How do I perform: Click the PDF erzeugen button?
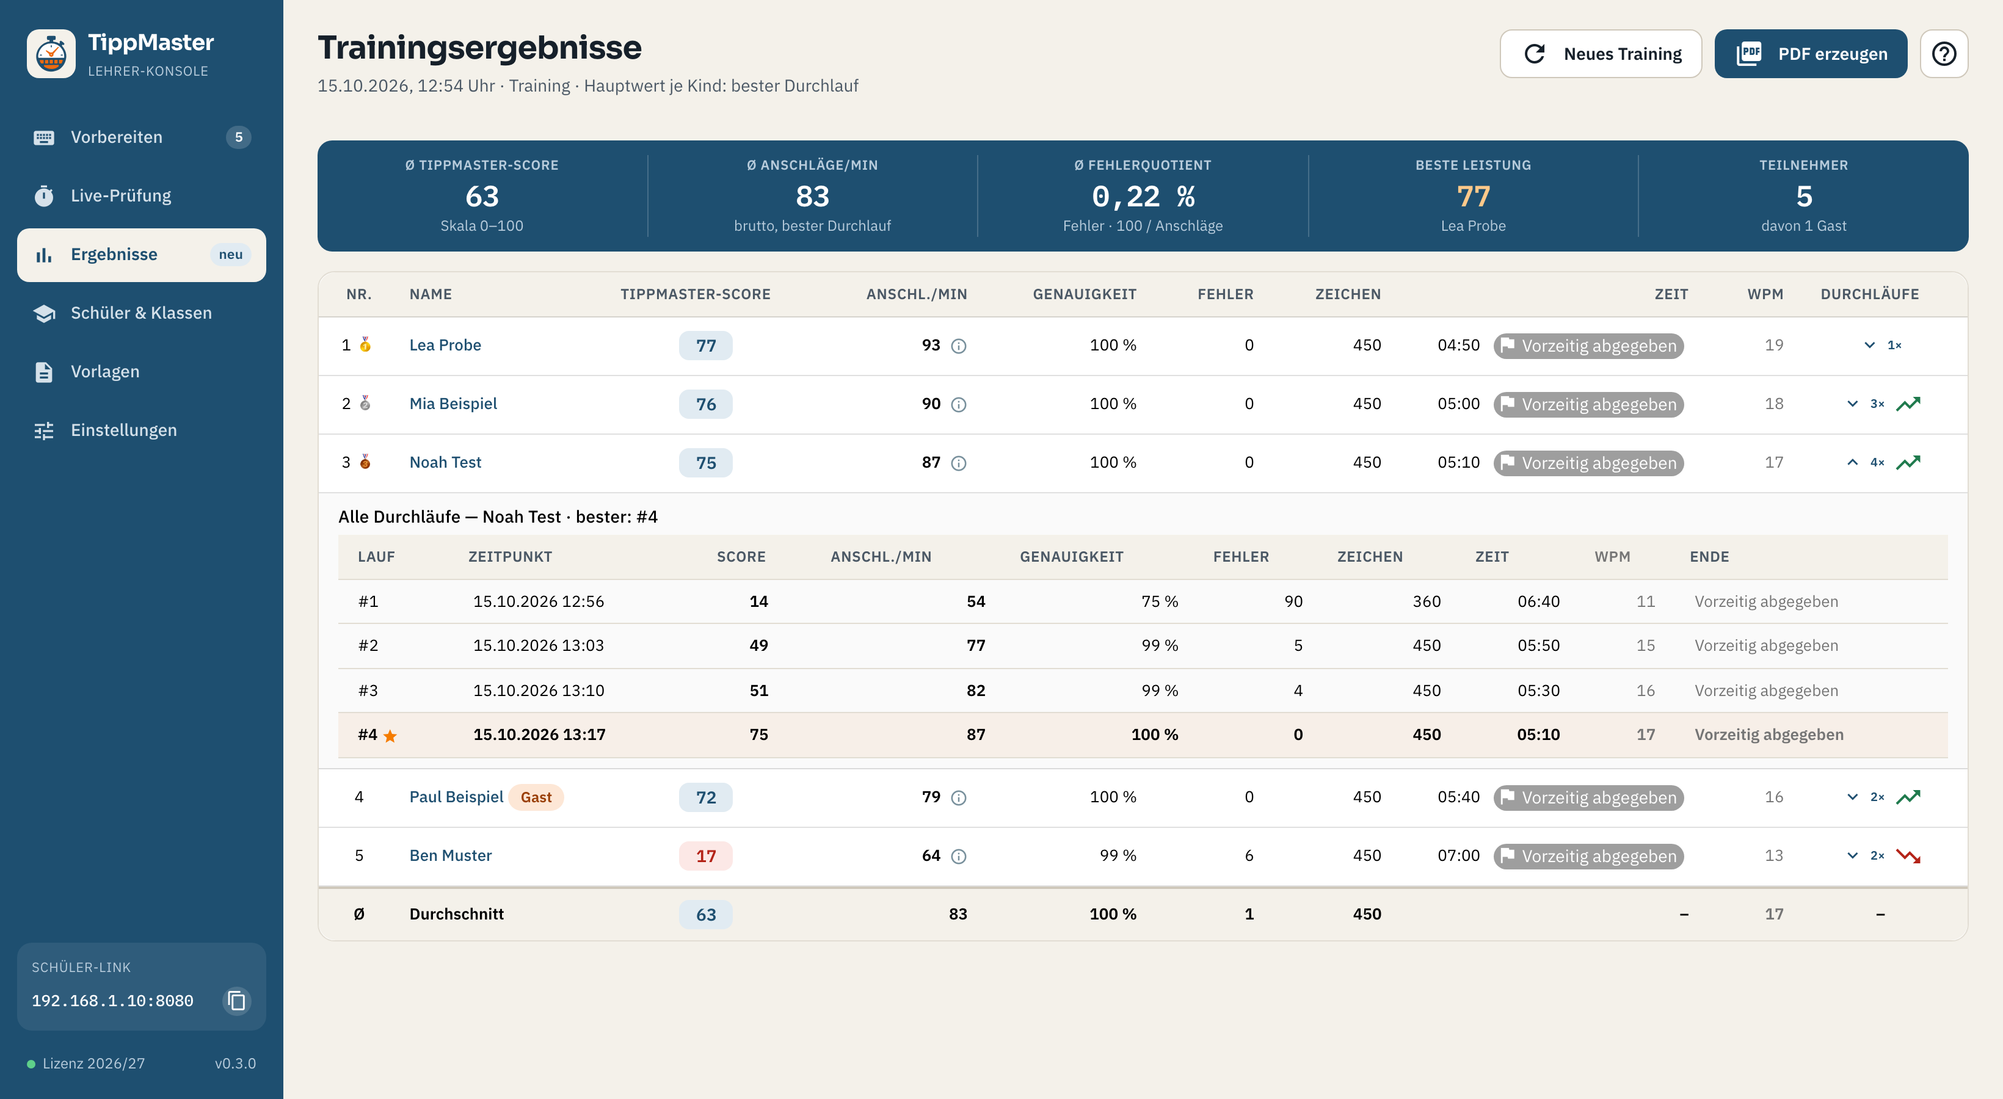point(1810,54)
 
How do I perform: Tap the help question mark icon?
point(1944,54)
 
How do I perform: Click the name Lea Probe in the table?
point(445,345)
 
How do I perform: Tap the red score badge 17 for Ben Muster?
point(705,856)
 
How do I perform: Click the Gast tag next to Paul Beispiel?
point(536,797)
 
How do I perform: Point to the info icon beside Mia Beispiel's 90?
point(959,405)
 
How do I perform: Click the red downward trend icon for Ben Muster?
point(1908,857)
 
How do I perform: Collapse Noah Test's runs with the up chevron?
point(1852,462)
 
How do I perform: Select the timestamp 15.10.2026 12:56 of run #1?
point(538,601)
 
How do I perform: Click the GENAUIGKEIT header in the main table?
point(1084,294)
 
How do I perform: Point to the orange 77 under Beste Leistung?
point(1473,197)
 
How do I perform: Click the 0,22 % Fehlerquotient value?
point(1142,197)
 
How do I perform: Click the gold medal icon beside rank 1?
point(365,344)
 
